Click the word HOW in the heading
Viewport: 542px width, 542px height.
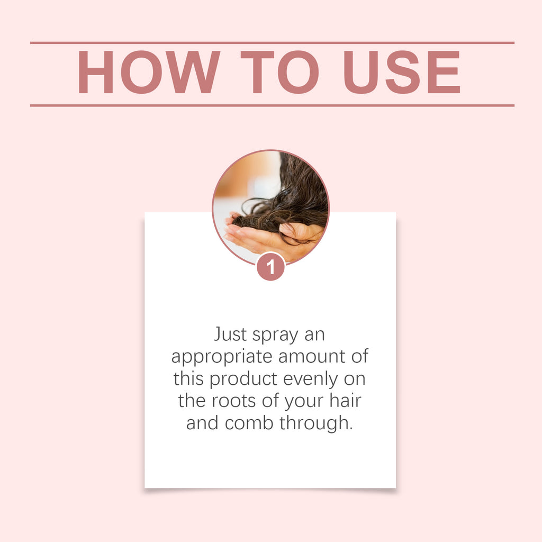(149, 73)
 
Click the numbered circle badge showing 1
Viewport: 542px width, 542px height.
(271, 267)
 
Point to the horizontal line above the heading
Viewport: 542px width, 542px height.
(272, 42)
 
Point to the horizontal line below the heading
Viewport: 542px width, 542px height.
(272, 105)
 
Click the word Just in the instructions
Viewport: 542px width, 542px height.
(231, 335)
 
